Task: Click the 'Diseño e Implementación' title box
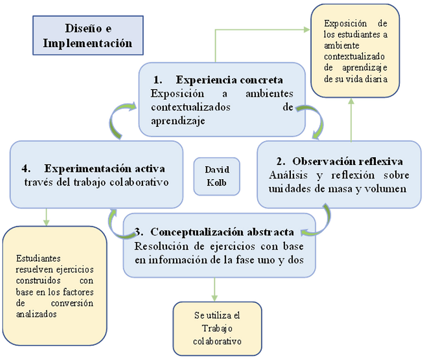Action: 88,36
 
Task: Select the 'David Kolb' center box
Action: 217,177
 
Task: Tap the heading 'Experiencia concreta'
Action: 230,80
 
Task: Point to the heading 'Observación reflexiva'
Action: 348,161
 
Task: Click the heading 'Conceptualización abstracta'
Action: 222,232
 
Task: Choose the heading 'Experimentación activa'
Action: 105,168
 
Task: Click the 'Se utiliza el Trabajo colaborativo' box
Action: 218,329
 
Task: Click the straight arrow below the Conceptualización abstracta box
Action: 215,289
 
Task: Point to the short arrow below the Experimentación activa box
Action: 47,217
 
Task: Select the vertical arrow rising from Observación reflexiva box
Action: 351,119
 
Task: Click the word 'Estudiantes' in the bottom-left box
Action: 38,258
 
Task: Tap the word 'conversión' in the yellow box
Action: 72,303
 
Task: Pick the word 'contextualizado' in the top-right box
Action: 354,57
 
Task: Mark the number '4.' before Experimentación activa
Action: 26,168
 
